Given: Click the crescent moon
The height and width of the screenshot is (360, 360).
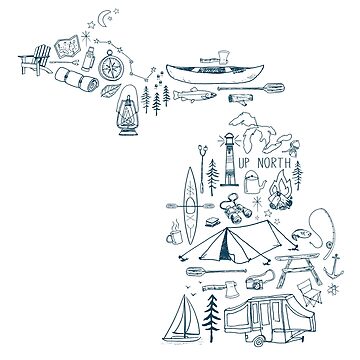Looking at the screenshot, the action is [104, 19].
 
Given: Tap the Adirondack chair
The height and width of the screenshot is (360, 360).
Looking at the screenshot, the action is [36, 60].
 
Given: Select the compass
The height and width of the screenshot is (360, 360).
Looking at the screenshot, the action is [111, 66].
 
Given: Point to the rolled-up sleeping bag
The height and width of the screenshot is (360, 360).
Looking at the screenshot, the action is [77, 79].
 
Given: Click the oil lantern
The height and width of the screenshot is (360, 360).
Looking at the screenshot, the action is [127, 110].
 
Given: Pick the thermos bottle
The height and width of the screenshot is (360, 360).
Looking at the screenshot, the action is [89, 59].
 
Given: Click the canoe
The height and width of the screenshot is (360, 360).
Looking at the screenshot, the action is [215, 74].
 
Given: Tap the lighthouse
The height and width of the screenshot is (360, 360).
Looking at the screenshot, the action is [229, 159].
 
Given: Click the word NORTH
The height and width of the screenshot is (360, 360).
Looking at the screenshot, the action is [274, 163].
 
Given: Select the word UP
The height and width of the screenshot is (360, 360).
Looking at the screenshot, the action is [244, 163].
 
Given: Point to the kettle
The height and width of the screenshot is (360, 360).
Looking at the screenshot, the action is [254, 182].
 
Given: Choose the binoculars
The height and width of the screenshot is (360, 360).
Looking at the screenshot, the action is [235, 209].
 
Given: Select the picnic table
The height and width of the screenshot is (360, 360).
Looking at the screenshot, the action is [297, 267].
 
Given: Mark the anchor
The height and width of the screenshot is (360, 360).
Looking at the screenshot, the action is [334, 267].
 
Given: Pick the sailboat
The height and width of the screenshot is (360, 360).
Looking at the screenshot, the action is [182, 319].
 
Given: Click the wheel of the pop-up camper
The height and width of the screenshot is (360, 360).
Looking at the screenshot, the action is [257, 341].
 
